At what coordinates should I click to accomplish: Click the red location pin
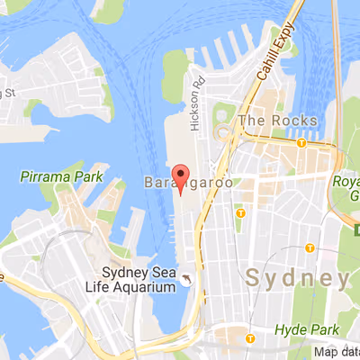[180, 175]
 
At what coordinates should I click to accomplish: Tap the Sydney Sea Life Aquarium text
[137, 280]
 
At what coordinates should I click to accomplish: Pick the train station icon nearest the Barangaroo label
[240, 213]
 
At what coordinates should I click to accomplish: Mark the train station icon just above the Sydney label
[310, 247]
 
